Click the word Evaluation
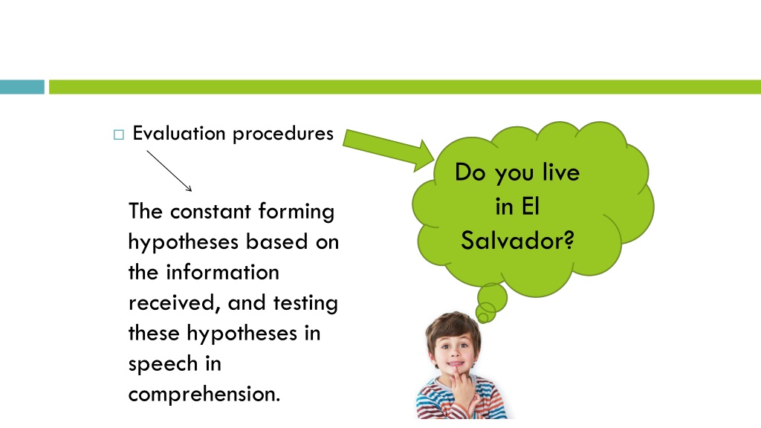tap(178, 133)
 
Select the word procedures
tap(283, 134)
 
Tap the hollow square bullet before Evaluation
tap(118, 134)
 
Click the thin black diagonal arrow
tap(169, 171)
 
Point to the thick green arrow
tap(388, 149)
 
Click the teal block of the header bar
tap(22, 87)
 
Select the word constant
tap(210, 212)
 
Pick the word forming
tap(296, 213)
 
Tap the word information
tap(223, 272)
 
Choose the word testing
tap(305, 304)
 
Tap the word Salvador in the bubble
tap(517, 240)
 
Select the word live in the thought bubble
tap(561, 172)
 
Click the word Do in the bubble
tap(470, 172)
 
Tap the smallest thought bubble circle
tap(482, 318)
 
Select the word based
tap(277, 241)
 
